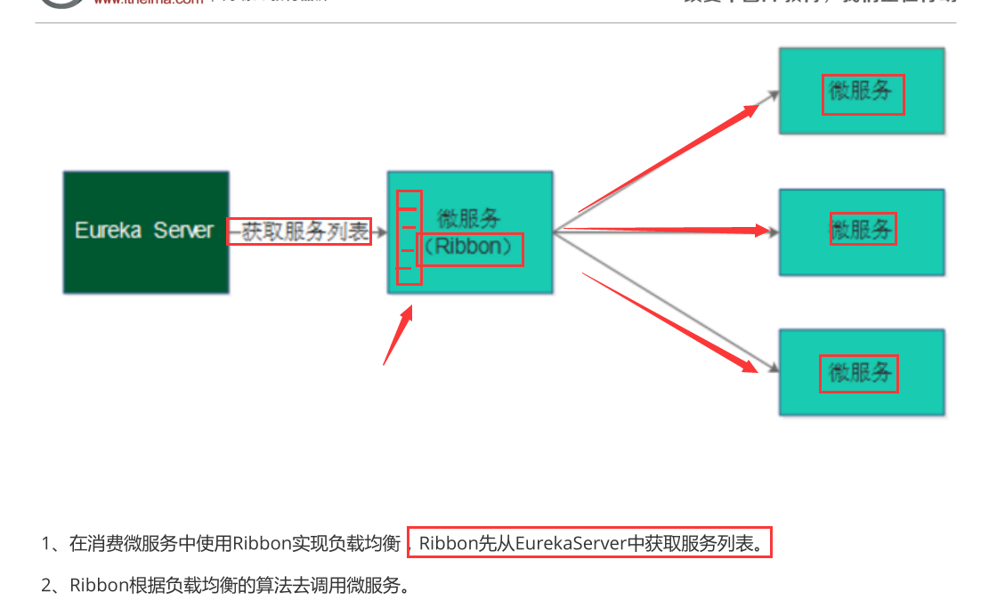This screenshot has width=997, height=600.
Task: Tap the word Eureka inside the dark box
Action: tap(108, 231)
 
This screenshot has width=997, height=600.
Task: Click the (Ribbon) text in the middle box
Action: tap(469, 247)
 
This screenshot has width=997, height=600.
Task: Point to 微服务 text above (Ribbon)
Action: tap(469, 218)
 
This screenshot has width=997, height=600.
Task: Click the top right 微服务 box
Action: tap(861, 92)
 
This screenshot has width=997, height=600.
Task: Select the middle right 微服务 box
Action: tap(861, 231)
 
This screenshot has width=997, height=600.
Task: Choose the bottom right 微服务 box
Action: tap(861, 372)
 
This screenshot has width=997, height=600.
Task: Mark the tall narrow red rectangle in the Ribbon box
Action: tap(409, 238)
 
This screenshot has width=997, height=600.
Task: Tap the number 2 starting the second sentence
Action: tap(47, 586)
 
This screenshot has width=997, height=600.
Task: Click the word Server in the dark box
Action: tap(183, 231)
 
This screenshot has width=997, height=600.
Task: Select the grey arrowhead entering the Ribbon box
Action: tap(381, 233)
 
